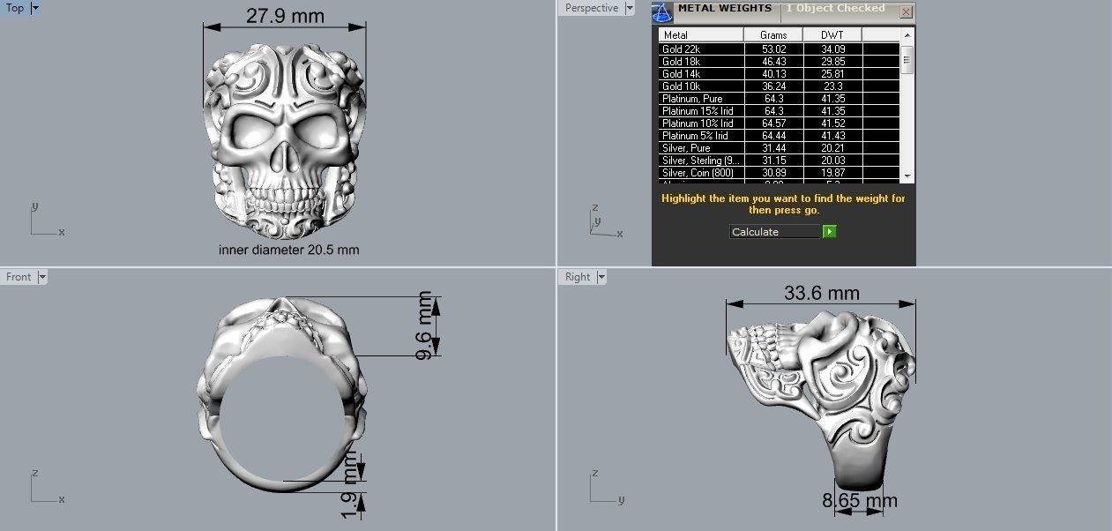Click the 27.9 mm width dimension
(285, 16)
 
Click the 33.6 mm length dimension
(820, 293)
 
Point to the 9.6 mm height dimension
(425, 325)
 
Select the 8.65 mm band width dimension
(859, 501)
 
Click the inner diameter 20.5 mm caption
(288, 250)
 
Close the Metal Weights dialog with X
(906, 12)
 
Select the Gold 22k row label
(681, 49)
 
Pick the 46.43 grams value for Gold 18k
(773, 62)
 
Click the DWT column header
(832, 35)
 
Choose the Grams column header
(773, 35)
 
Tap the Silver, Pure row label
(685, 148)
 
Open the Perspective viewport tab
(592, 8)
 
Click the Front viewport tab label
(19, 277)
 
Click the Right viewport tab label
(578, 277)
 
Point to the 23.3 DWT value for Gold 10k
(832, 86)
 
